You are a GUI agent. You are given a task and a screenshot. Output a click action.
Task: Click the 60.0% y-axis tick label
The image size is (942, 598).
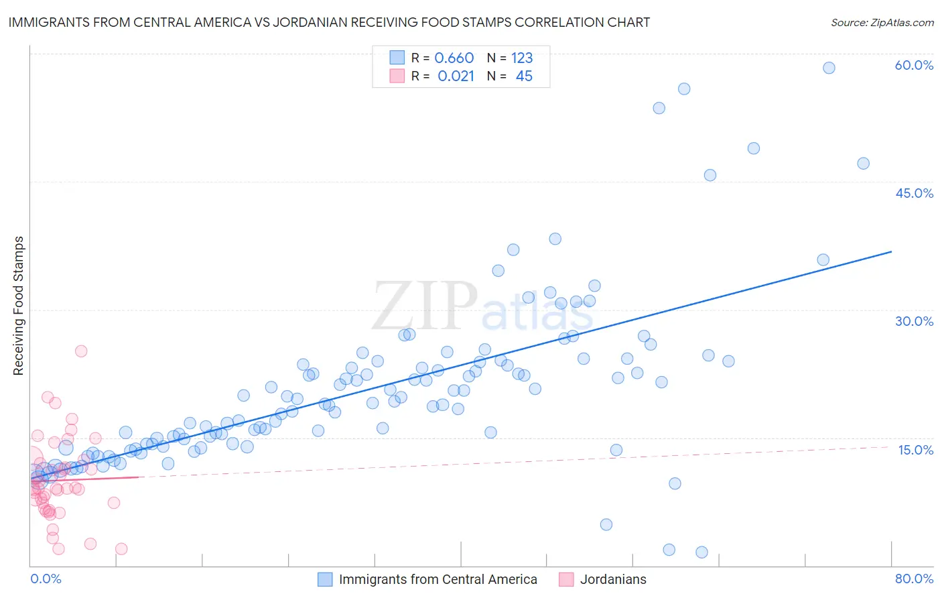point(914,65)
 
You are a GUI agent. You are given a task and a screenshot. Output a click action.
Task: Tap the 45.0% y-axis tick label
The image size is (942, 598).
point(914,193)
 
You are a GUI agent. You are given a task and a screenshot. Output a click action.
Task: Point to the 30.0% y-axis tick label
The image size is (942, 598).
point(914,321)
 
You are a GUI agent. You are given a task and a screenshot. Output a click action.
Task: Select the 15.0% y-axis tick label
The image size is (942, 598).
point(915,450)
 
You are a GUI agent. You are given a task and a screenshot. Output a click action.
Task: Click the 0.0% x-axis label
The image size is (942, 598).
point(46,579)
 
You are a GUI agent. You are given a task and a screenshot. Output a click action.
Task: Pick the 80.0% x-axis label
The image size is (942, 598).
point(914,579)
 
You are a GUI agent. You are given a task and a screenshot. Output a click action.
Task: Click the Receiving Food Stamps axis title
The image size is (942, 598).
point(18,306)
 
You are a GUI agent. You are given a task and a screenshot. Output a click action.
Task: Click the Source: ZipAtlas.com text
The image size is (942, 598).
point(882,22)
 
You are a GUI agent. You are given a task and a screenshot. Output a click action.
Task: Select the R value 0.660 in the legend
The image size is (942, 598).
point(454,58)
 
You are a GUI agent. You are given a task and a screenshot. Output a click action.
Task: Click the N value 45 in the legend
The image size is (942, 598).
point(524,76)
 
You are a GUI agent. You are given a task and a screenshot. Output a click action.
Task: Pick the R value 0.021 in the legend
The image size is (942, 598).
point(456,76)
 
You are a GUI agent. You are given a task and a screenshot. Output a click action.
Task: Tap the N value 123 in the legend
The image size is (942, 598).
point(522,58)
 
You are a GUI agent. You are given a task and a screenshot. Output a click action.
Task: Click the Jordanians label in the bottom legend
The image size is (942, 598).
point(613,579)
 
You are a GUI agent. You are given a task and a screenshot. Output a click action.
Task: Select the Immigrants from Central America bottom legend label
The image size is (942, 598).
point(438,579)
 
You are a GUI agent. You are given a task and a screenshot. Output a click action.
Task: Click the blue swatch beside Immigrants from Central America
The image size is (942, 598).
point(325,579)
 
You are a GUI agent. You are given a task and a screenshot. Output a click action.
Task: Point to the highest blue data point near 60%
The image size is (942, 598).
point(829,68)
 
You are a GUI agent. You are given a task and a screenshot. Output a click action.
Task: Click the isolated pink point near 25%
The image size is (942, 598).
point(81,351)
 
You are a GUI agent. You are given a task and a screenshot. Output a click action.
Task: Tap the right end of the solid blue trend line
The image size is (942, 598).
point(891,251)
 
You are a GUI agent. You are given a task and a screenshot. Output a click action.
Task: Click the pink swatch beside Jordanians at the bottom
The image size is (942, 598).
point(566,579)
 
